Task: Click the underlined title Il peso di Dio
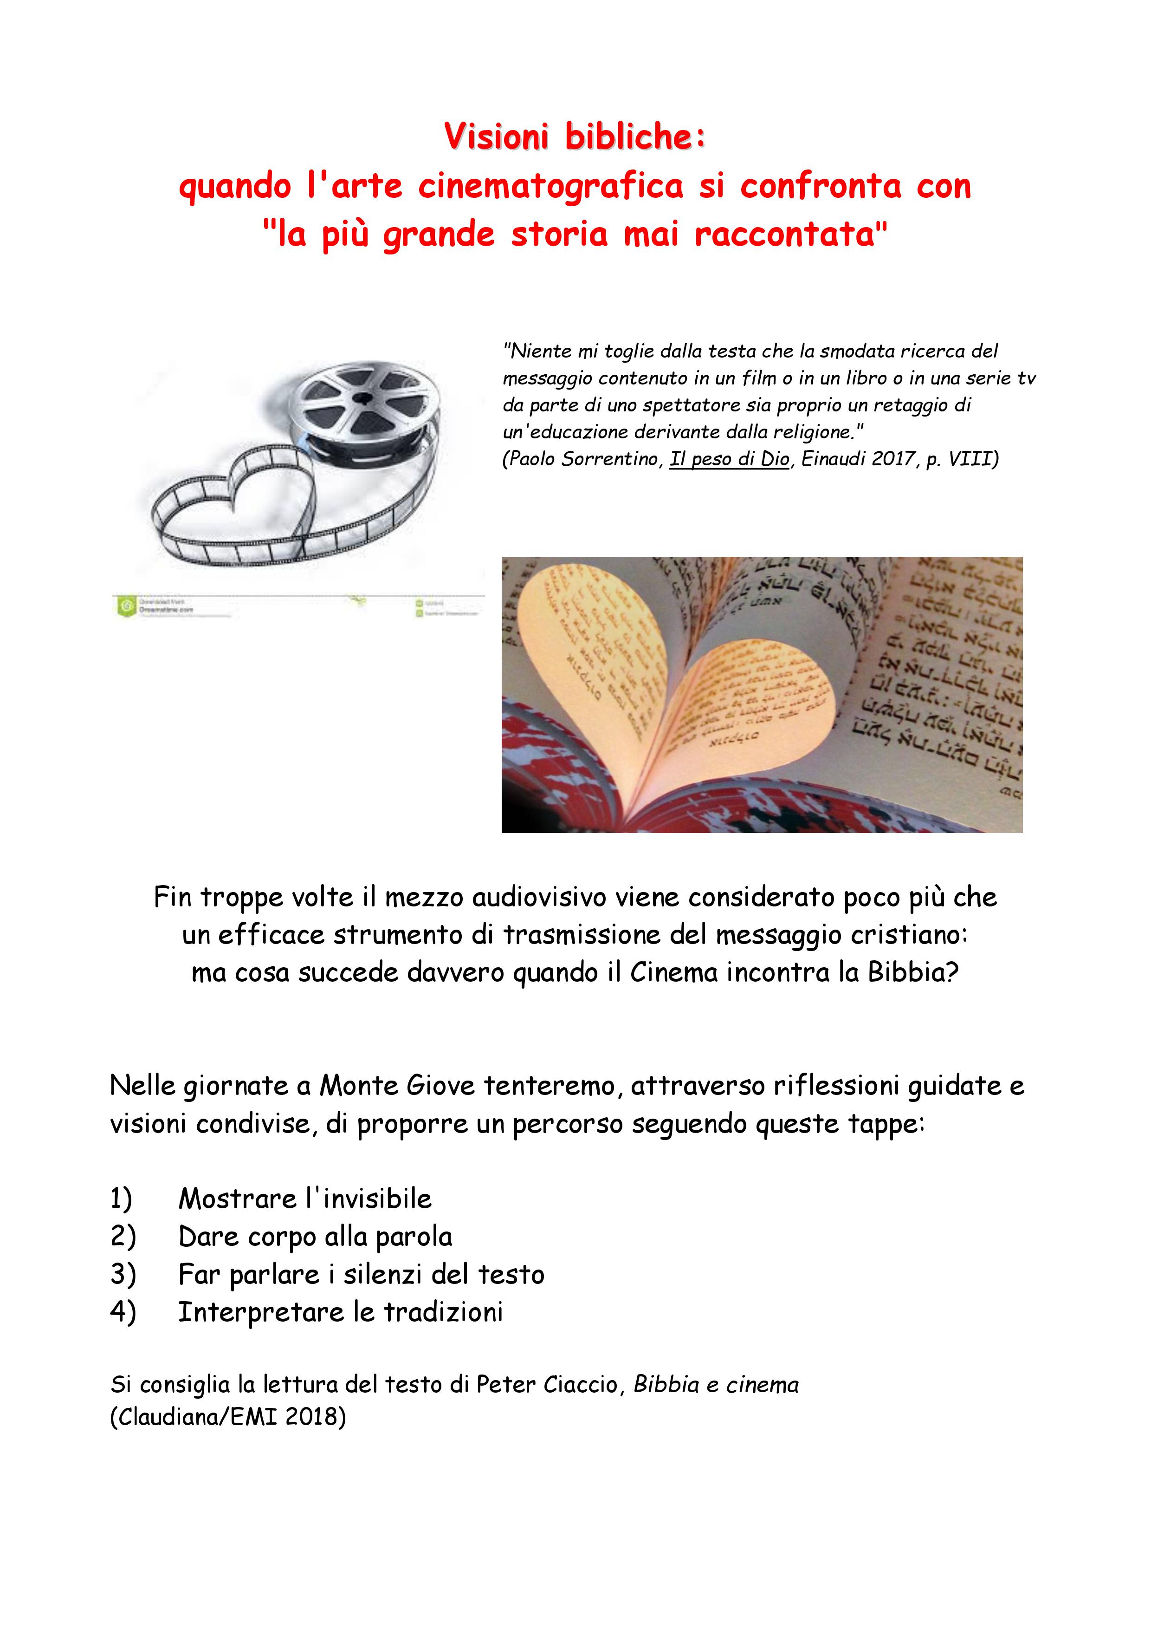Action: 729,459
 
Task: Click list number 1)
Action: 121,1199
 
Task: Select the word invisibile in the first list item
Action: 376,1199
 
